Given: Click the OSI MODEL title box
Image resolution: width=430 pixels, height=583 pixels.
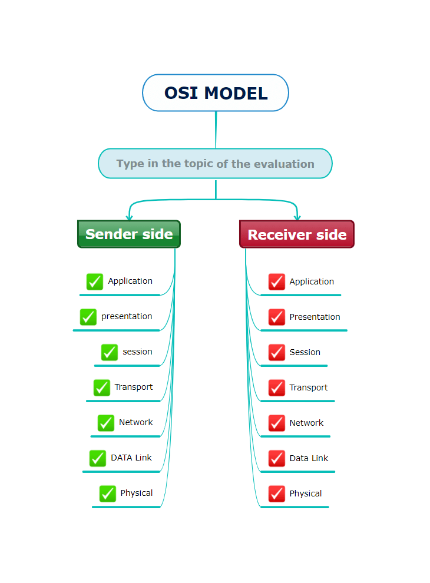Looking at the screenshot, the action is (216, 92).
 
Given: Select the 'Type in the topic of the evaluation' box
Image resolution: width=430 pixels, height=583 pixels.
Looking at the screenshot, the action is (215, 164).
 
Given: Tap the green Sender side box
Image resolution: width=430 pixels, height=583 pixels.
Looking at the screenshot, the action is (129, 234).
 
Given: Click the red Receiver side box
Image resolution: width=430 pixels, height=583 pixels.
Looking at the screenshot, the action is (297, 234).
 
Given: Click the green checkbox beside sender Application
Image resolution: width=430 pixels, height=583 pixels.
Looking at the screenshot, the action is (95, 281).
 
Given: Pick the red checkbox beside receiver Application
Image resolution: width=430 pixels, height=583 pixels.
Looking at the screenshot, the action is (277, 282).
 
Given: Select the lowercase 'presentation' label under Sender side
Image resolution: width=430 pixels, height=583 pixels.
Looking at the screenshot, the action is (127, 316).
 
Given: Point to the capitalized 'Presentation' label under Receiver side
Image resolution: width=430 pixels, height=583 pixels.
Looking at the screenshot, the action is (315, 317).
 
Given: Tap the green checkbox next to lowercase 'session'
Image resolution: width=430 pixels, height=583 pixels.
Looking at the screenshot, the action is (110, 352).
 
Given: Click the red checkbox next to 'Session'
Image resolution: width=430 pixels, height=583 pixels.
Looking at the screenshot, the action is (277, 353).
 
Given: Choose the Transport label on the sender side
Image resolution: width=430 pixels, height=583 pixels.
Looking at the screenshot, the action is (134, 387).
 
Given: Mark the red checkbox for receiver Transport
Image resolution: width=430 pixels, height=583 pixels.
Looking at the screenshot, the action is (277, 388).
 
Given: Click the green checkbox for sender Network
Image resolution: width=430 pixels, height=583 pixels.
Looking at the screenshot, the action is (106, 423).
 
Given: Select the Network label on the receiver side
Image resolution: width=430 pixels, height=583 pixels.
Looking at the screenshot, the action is (306, 423).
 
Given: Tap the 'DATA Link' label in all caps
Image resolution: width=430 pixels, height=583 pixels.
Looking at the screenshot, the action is (131, 458).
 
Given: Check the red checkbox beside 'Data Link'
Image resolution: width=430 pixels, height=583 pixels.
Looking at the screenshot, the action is (277, 458).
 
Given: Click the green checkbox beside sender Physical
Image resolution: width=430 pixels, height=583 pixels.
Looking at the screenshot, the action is (107, 493).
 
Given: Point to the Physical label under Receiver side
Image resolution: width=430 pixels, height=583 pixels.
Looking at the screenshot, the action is (305, 493).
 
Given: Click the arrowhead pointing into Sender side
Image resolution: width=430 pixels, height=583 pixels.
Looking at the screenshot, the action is (130, 218).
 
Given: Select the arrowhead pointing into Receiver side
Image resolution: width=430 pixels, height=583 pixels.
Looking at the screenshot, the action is (297, 218).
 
